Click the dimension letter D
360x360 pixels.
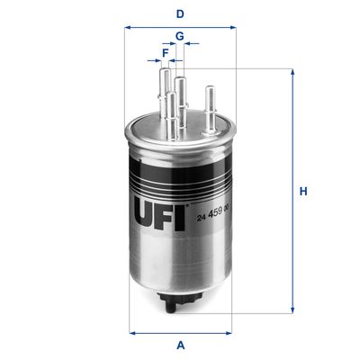point(181,13)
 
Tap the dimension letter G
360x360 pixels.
point(180,36)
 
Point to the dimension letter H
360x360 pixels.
point(304,191)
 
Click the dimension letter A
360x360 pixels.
point(181,346)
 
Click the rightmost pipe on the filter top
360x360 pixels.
point(210,106)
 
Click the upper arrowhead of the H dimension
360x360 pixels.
point(291,71)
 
